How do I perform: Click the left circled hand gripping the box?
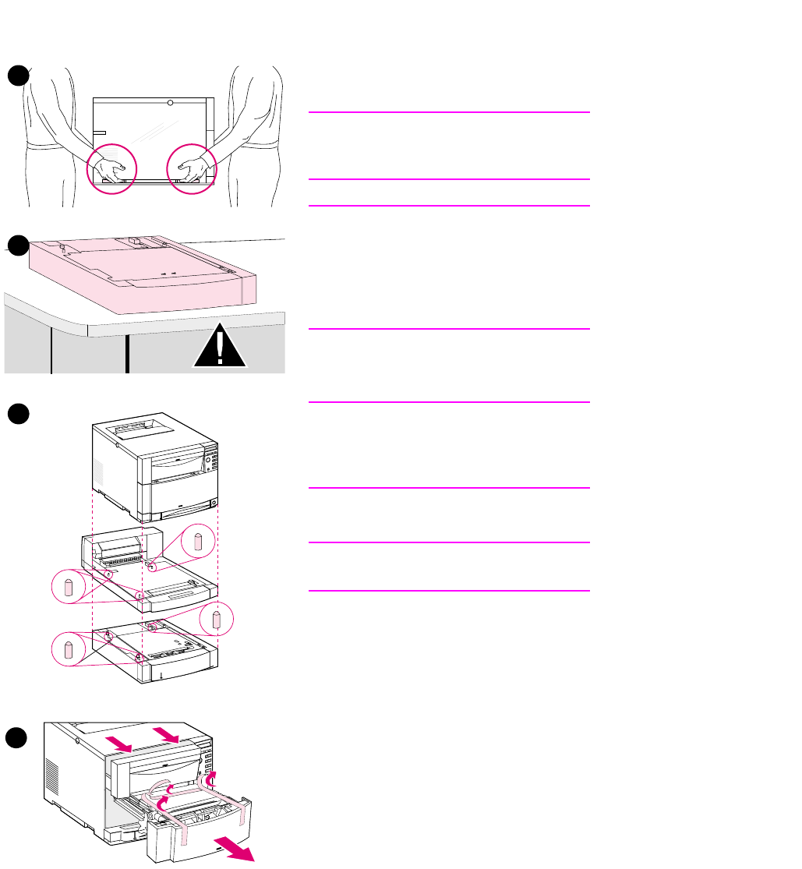click(x=112, y=170)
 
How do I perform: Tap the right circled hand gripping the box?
click(x=192, y=170)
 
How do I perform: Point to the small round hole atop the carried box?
click(x=170, y=103)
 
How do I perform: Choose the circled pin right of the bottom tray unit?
click(x=217, y=620)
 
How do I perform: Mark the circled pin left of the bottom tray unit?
click(x=69, y=648)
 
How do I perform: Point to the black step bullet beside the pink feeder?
click(x=19, y=246)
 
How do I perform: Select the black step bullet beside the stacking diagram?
click(x=19, y=415)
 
